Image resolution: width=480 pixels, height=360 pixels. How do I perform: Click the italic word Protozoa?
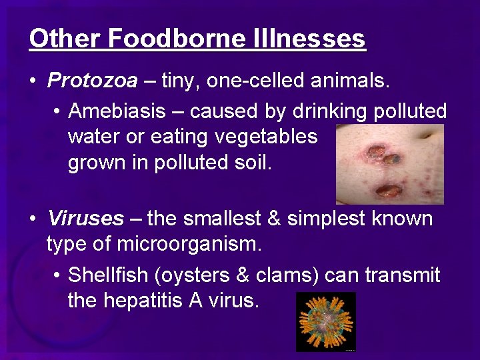tap(93, 81)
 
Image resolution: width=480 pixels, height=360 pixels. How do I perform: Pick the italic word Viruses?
tap(85, 218)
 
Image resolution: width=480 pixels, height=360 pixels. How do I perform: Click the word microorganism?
tap(189, 245)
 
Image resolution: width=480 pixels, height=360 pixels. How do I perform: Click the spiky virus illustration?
tap(326, 321)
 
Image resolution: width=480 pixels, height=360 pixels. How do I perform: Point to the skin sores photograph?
tap(389, 163)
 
